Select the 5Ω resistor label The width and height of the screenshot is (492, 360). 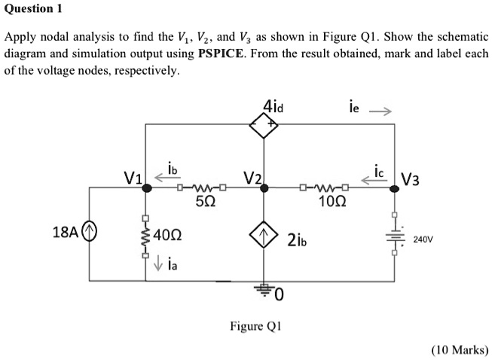click(x=203, y=202)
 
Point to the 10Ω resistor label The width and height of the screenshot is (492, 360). click(x=329, y=202)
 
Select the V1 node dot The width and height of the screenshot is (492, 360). click(x=146, y=189)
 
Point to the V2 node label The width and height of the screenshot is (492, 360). click(x=252, y=178)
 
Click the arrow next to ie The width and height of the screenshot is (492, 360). click(x=381, y=112)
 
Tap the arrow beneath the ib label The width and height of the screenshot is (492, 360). click(x=163, y=178)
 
